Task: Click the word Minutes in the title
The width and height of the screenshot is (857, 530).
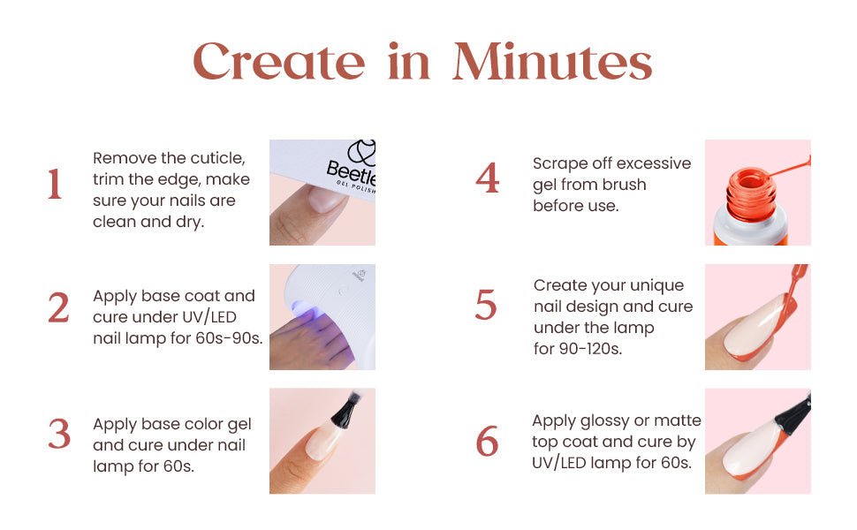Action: click(552, 62)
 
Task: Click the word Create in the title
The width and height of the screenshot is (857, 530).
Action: click(278, 62)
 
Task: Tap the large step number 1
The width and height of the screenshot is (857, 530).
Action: click(54, 184)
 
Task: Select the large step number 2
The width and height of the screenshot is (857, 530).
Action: click(58, 307)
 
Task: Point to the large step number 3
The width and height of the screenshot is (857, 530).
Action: click(59, 434)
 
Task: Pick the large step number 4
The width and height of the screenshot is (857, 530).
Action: click(488, 178)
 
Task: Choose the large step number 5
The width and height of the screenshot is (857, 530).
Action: click(486, 304)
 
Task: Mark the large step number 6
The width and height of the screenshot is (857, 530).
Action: click(487, 441)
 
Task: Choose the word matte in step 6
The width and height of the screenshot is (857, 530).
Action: click(677, 420)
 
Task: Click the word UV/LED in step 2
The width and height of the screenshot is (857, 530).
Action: click(210, 317)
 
